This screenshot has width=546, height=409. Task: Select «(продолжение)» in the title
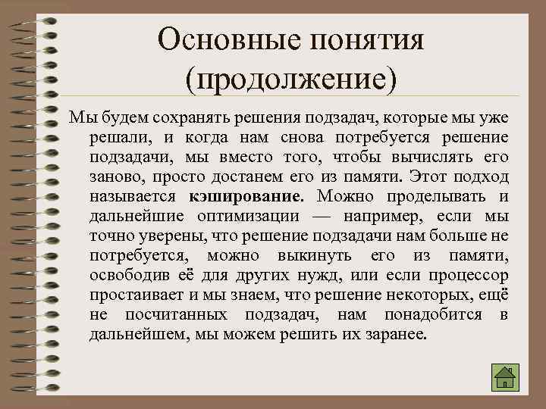point(291,77)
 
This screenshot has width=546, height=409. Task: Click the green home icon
point(505,377)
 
